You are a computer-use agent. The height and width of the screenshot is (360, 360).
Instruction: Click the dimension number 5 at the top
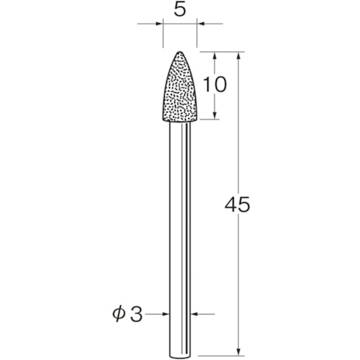(x=180, y=9)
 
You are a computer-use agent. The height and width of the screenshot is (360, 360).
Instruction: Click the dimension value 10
(x=215, y=85)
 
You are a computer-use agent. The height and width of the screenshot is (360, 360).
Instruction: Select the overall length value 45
(x=237, y=205)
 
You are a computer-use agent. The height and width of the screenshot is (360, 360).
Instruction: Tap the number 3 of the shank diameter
(x=136, y=314)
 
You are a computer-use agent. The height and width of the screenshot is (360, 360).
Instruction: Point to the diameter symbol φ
(x=119, y=314)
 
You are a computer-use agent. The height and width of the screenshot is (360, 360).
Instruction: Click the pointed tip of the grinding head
(x=179, y=51)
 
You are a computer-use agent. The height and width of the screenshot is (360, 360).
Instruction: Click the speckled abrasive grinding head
(x=180, y=87)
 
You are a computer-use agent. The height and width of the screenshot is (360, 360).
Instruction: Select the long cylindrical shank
(x=180, y=240)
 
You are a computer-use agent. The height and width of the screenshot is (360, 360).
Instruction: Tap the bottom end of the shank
(x=180, y=357)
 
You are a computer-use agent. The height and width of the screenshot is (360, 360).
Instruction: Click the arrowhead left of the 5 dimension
(x=159, y=24)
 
